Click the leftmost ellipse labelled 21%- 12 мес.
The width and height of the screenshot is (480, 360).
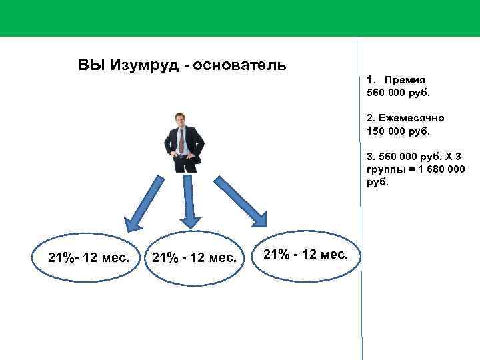89,257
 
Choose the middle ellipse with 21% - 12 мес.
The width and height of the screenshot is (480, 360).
194,257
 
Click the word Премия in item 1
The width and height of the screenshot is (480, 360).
404,79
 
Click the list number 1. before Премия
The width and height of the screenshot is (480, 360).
371,79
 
